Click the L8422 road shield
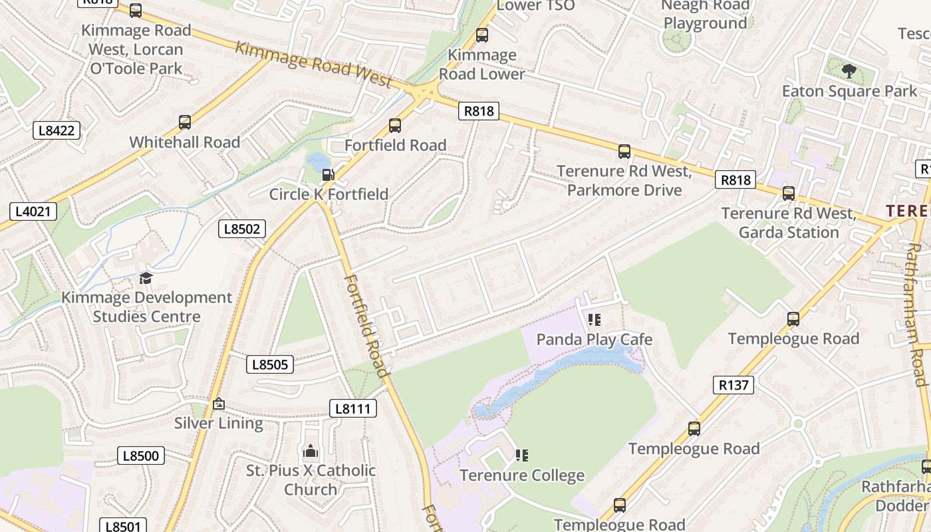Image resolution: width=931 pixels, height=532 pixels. [57, 130]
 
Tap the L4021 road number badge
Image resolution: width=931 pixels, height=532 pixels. [33, 212]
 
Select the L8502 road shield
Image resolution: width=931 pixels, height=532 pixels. [242, 229]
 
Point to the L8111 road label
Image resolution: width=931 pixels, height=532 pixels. [352, 408]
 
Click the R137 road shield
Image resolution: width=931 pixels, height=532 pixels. [733, 384]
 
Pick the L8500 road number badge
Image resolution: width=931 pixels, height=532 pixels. [141, 456]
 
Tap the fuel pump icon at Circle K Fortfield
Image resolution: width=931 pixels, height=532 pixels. [328, 175]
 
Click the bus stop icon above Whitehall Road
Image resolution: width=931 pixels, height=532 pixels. [185, 122]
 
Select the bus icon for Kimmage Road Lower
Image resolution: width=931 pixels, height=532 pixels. [482, 35]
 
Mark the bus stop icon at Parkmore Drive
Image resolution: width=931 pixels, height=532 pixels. [624, 152]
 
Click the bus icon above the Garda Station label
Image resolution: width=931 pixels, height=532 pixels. [789, 194]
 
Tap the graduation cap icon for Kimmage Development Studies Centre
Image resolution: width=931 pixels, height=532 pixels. [146, 278]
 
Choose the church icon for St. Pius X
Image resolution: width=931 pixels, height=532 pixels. [311, 452]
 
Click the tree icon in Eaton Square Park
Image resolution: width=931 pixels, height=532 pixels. [849, 70]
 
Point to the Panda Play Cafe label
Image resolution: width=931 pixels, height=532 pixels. [594, 339]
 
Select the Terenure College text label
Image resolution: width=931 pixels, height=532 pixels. [522, 475]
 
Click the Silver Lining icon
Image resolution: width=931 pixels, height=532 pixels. [219, 404]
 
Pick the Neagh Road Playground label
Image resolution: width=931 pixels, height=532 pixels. [705, 15]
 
